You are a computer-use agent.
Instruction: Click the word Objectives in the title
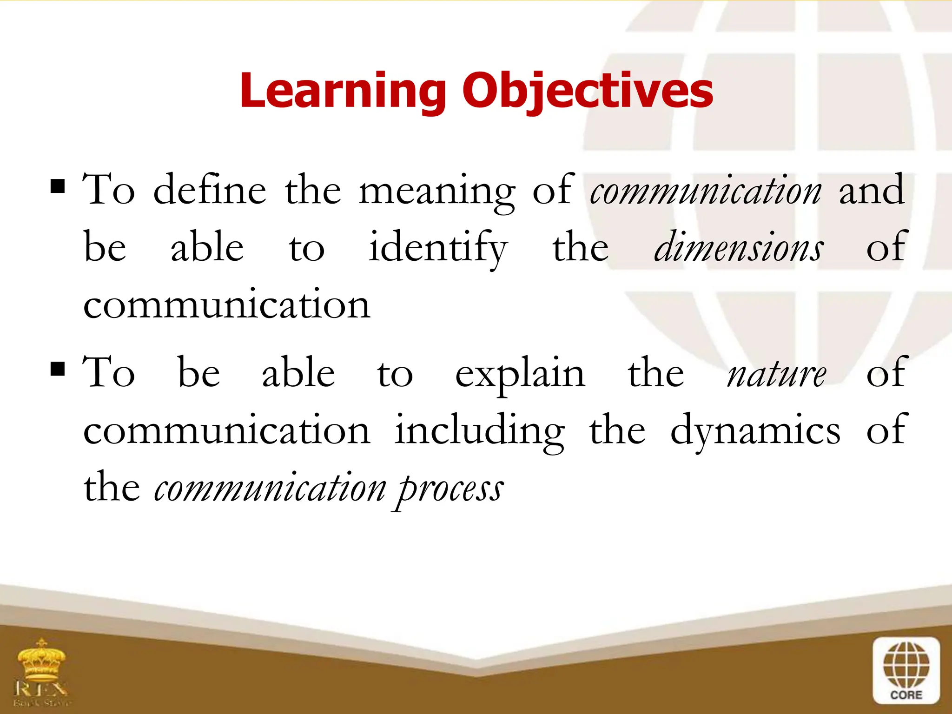click(588, 91)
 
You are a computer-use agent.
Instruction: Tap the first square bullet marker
click(58, 186)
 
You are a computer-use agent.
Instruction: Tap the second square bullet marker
click(58, 369)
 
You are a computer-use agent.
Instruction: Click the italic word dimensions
click(739, 247)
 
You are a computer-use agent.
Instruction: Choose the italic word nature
click(776, 375)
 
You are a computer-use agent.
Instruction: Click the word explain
click(520, 375)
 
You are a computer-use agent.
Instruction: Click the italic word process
click(449, 490)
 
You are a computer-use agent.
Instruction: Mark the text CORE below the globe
click(906, 695)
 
